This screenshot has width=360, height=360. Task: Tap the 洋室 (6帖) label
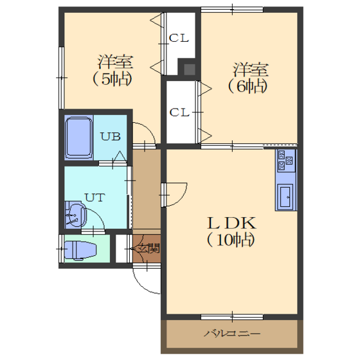click(x=249, y=78)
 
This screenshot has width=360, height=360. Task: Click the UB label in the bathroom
click(x=111, y=136)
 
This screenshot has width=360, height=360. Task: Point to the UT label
click(x=95, y=197)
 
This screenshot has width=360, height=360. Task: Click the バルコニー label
click(x=232, y=334)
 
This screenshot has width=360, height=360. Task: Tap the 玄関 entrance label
click(x=148, y=248)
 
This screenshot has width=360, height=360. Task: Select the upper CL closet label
click(x=179, y=38)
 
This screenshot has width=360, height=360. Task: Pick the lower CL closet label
click(x=179, y=113)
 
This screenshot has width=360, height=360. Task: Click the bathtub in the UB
click(x=78, y=138)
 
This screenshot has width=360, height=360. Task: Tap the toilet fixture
click(x=80, y=250)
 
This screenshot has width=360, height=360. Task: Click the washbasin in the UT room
click(x=76, y=215)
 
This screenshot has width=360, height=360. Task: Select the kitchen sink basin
click(x=285, y=197)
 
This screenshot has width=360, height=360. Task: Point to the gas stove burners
click(x=286, y=161)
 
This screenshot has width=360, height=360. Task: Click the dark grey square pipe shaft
click(x=190, y=69)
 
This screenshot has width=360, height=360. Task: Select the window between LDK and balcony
click(x=232, y=317)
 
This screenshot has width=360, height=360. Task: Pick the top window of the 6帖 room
click(x=232, y=10)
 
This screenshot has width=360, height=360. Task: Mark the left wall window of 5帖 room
click(x=61, y=78)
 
